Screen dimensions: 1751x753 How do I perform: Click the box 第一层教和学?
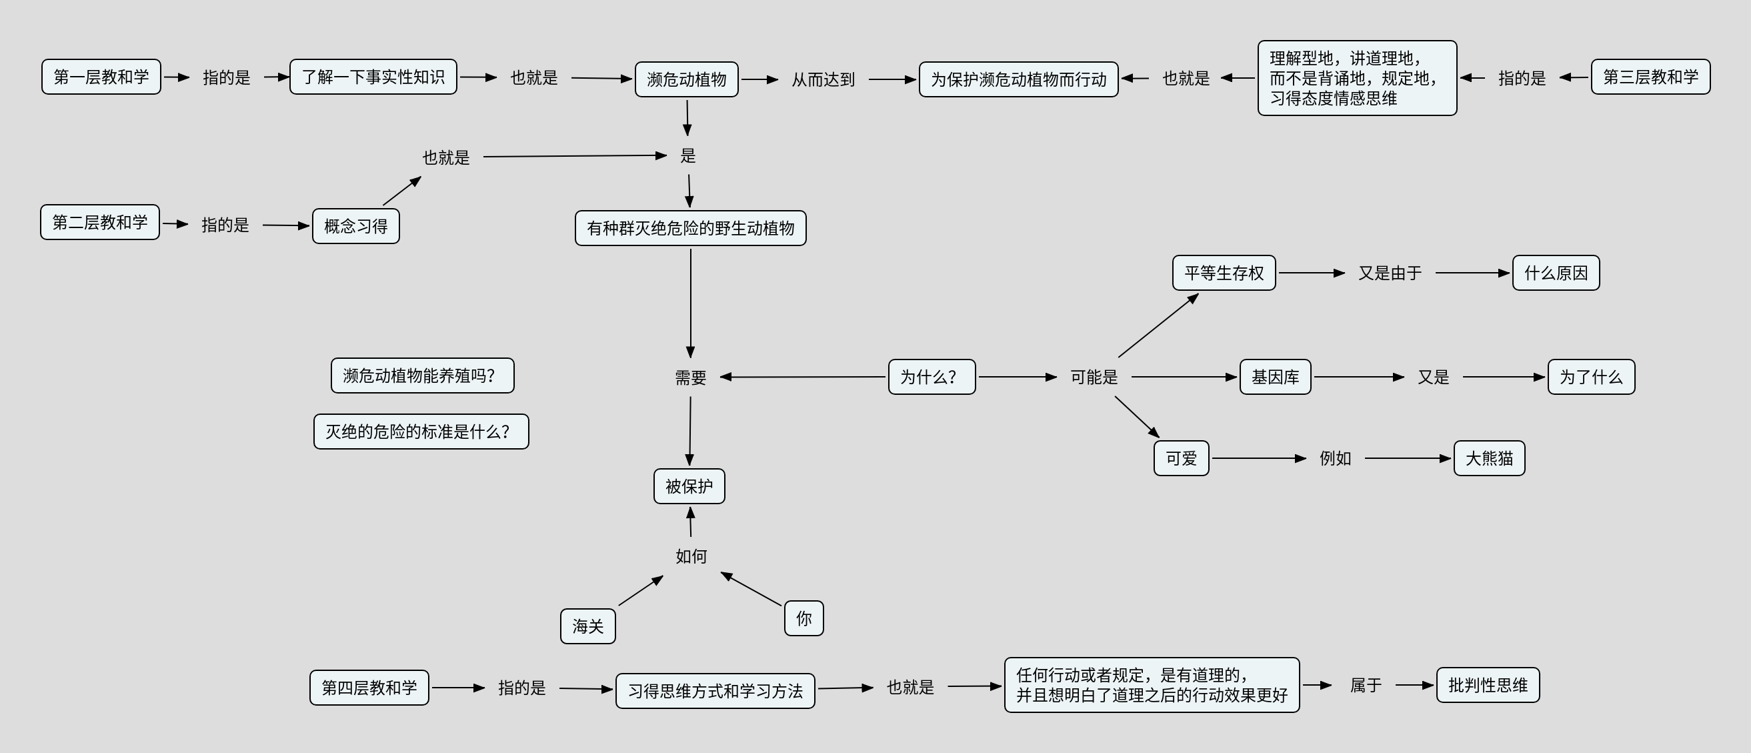[101, 77]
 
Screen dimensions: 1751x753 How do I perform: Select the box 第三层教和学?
[1650, 77]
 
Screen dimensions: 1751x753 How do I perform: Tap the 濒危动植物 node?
[687, 79]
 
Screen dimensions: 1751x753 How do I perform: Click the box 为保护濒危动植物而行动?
[1018, 79]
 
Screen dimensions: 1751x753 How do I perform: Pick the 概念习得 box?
[355, 226]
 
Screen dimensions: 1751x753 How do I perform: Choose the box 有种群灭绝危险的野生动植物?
[691, 228]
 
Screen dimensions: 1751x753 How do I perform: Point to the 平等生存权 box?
[1224, 273]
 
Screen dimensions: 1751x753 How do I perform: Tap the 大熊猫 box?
[1490, 459]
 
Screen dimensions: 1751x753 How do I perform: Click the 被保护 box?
[689, 487]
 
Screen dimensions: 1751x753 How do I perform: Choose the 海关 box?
[588, 626]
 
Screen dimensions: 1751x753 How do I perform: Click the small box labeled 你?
[804, 618]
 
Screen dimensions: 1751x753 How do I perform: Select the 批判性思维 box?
[1488, 685]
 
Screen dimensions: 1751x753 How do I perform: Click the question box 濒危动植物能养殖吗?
[423, 375]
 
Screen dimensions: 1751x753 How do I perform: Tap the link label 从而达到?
[823, 79]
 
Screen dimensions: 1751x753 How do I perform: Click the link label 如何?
[691, 557]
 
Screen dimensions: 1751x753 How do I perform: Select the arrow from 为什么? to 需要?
[803, 376]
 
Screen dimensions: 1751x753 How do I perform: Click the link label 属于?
[1366, 685]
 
